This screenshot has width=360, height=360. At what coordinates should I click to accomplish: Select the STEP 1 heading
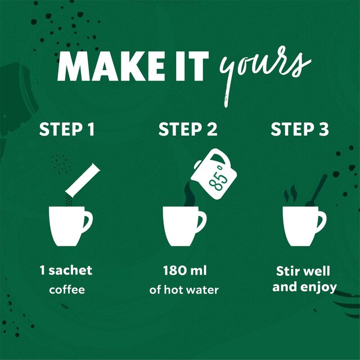click(66, 130)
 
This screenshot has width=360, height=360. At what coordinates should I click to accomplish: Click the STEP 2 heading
click(187, 130)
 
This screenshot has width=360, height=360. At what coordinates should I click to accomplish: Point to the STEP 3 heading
click(299, 130)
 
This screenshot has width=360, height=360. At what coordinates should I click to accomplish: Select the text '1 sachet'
click(66, 271)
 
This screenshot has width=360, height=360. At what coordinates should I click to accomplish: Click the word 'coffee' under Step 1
click(66, 290)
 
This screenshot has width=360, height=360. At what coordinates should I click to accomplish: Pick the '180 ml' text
click(184, 271)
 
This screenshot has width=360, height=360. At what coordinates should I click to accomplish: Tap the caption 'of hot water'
click(184, 290)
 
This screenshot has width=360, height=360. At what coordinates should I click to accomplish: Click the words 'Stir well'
click(303, 271)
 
